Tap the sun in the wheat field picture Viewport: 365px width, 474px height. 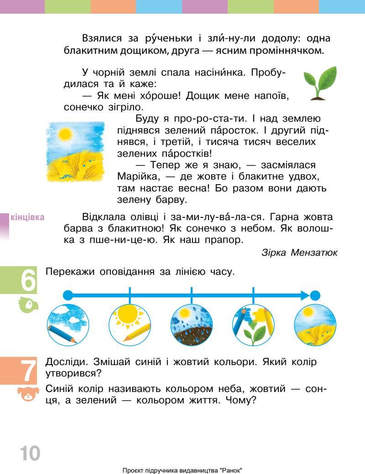pyautogui.click(x=65, y=134)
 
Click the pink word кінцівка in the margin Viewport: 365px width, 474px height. pyautogui.click(x=27, y=217)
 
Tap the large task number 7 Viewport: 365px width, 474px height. pyautogui.click(x=28, y=371)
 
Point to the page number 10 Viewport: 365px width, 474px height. pyautogui.click(x=30, y=453)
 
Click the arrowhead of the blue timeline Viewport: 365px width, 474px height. pyautogui.click(x=305, y=295)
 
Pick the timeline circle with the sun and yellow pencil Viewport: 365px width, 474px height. pyautogui.click(x=130, y=325)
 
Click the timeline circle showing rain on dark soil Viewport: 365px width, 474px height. pyautogui.click(x=191, y=325)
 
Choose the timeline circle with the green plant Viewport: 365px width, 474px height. pyautogui.click(x=253, y=325)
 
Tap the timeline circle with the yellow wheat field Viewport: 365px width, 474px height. pyautogui.click(x=315, y=325)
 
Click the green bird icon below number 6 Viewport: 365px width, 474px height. pyautogui.click(x=27, y=305)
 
